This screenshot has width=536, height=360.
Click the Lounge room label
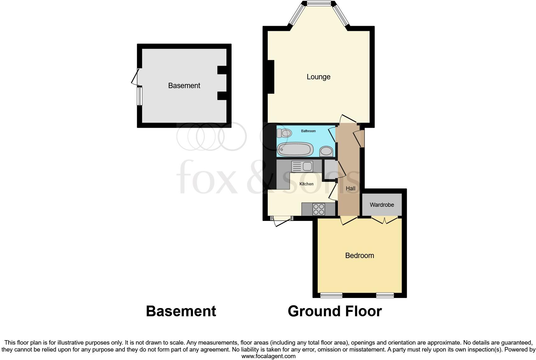318,77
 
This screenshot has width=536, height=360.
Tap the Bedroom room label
360,256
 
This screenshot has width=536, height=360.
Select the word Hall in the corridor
350,188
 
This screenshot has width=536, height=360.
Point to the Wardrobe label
382,205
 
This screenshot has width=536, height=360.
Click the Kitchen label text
306,184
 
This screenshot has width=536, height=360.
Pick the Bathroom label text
308,131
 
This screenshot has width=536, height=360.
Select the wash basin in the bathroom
327,152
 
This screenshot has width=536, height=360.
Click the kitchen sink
302,166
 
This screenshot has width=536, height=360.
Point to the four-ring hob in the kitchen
319,209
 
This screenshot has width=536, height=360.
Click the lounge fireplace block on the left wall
271,77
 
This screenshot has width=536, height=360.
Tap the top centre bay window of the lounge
319,4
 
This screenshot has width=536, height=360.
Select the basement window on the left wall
140,96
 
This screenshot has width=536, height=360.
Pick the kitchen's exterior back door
282,221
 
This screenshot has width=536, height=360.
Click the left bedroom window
331,295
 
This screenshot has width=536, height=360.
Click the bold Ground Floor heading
335,311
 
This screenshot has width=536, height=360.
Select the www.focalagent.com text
268,356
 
